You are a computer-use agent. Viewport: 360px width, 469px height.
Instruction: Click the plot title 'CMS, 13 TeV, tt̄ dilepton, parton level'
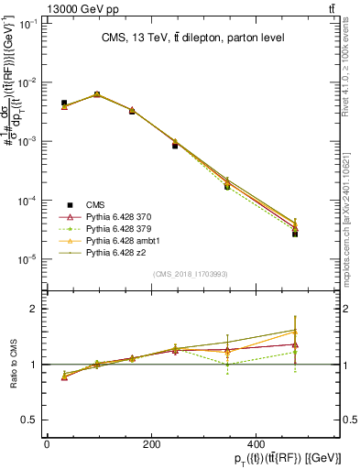pos(191,37)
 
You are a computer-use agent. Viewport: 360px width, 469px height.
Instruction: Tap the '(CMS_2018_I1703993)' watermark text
pos(191,274)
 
